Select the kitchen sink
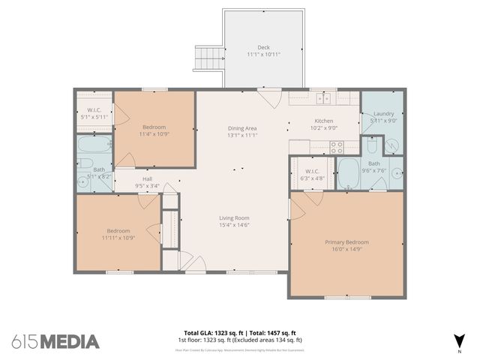324,98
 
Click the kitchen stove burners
335,147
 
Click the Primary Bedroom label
346,242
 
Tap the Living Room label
234,217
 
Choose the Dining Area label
242,128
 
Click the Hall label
148,178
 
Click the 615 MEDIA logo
55,341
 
